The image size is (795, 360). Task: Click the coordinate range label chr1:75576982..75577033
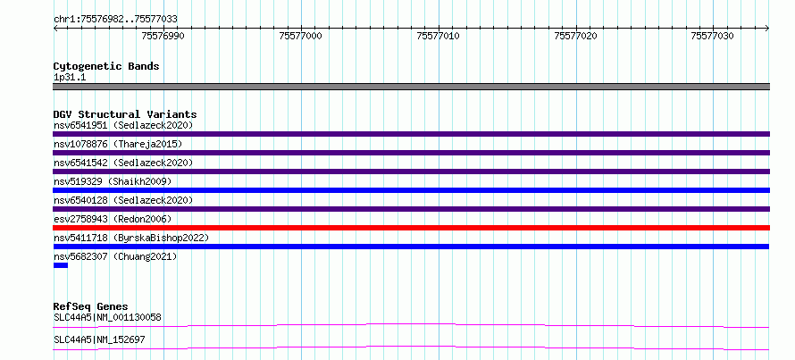tap(115, 20)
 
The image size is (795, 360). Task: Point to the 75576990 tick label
tap(163, 36)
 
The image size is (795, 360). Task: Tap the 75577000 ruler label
tap(301, 36)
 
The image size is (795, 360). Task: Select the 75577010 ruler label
tap(438, 36)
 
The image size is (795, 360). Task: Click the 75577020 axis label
tap(575, 36)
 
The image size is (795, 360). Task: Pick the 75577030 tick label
tap(712, 36)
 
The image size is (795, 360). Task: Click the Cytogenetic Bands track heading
tap(106, 66)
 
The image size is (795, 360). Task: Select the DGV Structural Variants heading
tap(125, 114)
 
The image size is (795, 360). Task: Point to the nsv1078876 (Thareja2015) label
tap(118, 144)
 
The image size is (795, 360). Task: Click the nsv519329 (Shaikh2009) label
tap(113, 181)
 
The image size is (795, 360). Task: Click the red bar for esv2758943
tap(411, 228)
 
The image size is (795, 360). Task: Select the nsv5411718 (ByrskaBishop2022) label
tap(130, 238)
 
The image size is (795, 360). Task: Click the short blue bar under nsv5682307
tap(61, 265)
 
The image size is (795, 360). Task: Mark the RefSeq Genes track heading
tap(91, 306)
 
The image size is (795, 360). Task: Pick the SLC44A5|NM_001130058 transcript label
tap(107, 317)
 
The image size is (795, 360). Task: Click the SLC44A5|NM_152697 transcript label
tap(99, 339)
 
